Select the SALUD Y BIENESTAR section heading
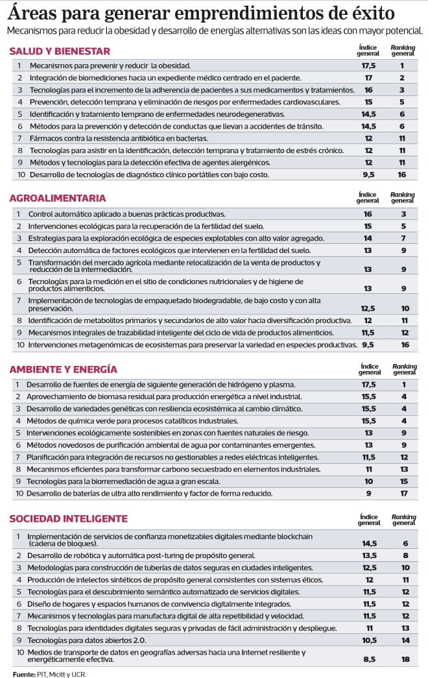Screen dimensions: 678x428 tap(60, 51)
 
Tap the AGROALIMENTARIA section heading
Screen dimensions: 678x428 tap(58, 198)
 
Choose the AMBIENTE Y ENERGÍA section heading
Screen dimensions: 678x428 tap(63, 369)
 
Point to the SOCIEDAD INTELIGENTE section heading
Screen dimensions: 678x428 tap(68, 519)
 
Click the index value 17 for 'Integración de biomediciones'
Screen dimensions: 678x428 tap(368, 78)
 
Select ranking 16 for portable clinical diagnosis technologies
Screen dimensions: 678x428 tap(402, 175)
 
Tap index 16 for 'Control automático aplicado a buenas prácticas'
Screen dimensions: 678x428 tap(368, 213)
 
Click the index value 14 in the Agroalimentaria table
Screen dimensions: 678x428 tap(368, 238)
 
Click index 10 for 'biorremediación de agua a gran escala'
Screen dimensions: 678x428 tap(368, 481)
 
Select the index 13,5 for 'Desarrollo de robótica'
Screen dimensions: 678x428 tap(368, 555)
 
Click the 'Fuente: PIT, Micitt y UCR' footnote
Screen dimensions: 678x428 tap(49, 673)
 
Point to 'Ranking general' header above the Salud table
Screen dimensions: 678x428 tap(403, 50)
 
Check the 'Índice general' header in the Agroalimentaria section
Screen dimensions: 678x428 tap(368, 197)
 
